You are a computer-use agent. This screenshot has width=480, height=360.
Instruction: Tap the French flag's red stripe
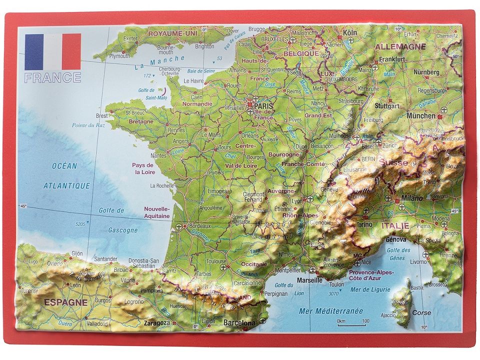71,51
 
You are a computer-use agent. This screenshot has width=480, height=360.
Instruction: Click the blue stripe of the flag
34,51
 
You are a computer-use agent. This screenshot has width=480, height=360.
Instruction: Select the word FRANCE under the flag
52,78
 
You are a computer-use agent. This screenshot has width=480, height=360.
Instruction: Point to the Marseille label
309,280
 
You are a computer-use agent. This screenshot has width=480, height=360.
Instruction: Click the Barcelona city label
239,323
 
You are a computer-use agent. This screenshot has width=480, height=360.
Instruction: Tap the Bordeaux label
199,226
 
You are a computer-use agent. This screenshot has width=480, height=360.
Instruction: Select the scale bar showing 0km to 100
353,323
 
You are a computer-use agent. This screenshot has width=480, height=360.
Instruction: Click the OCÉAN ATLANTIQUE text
66,176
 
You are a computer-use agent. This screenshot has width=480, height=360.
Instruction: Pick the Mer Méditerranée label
330,311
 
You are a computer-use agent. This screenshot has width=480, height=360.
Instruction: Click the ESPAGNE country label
65,302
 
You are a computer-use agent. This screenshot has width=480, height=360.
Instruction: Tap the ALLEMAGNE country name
400,46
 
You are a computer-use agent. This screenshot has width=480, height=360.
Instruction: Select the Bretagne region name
141,121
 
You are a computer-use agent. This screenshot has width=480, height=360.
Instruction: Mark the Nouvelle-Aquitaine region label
157,211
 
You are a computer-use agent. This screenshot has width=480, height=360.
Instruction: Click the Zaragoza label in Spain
155,323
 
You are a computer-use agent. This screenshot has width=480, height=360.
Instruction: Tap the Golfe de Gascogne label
118,220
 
